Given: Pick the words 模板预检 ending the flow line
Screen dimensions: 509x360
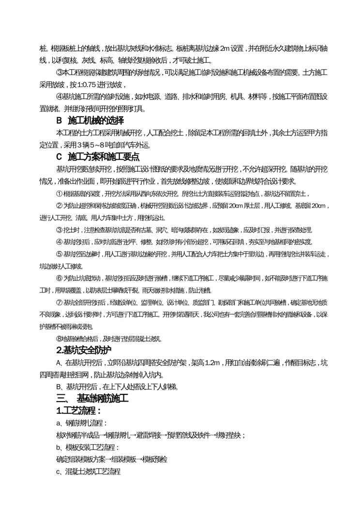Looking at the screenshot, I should (x=160, y=459).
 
